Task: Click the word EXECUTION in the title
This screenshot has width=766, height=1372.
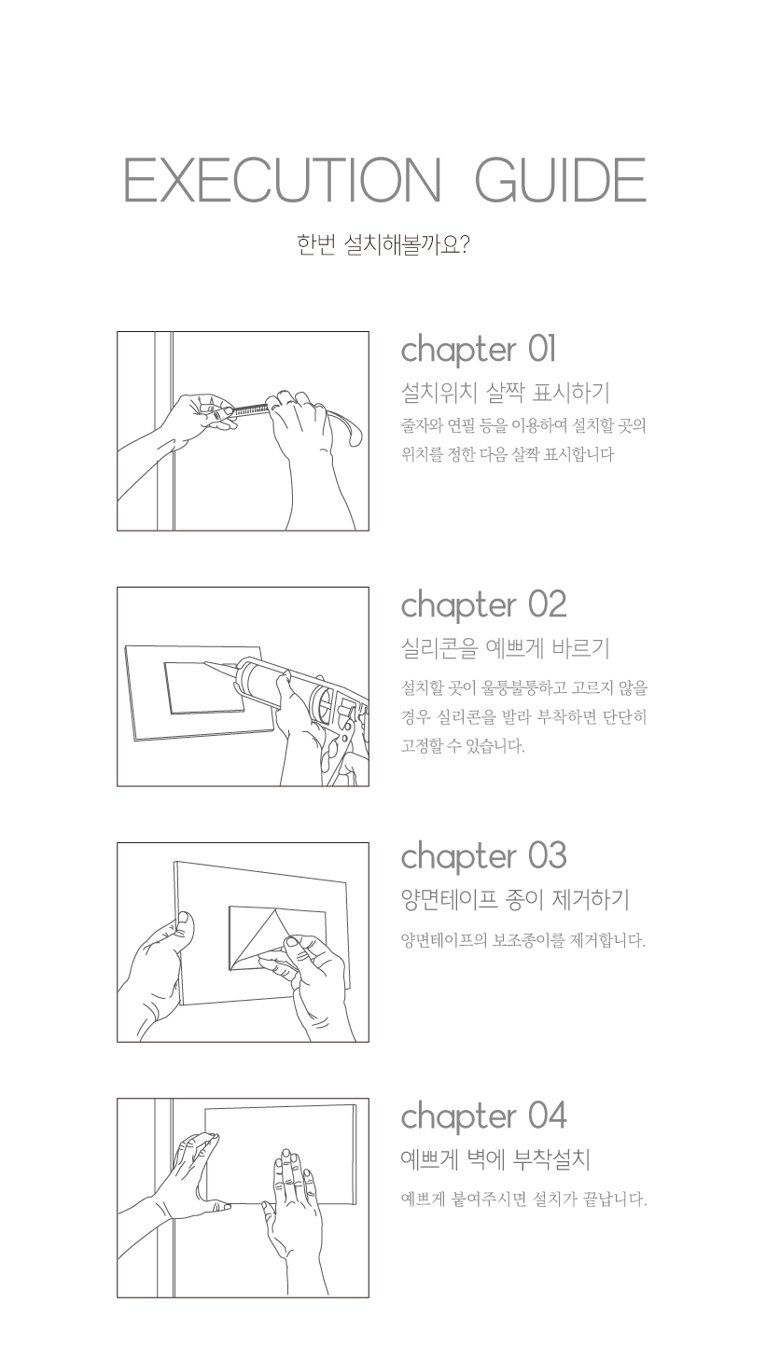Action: tap(283, 179)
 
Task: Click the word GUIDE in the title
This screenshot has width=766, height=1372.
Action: tap(561, 179)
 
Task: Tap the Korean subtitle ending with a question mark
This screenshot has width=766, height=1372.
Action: tap(383, 245)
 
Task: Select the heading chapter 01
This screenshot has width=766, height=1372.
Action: tap(479, 351)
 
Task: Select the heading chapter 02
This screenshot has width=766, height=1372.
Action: tap(483, 605)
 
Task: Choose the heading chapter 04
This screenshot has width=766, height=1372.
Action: tap(483, 1117)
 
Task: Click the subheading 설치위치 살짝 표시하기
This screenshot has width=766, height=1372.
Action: tap(505, 393)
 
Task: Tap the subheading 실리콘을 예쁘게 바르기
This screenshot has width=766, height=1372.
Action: tap(505, 648)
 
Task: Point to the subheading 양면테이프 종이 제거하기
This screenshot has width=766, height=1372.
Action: tap(515, 899)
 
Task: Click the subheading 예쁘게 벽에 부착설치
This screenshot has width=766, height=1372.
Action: tap(495, 1159)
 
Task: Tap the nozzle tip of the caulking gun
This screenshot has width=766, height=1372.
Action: tap(206, 663)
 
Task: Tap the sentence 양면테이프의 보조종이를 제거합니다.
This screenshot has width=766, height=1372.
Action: tap(523, 940)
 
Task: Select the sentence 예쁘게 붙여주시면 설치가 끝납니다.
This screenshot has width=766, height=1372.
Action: tap(524, 1199)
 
